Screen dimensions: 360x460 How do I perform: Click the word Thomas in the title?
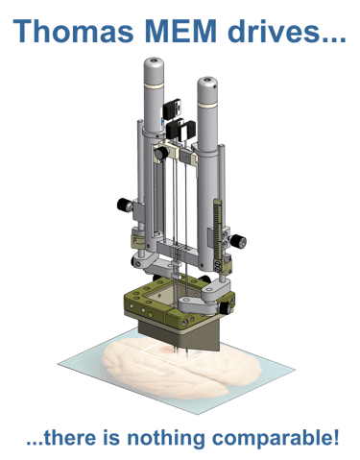[73, 31]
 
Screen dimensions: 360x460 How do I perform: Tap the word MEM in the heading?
[180, 31]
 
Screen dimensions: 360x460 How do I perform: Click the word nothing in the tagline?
[165, 438]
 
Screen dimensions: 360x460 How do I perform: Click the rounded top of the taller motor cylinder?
[154, 64]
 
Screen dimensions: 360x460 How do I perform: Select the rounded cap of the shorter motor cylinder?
[207, 84]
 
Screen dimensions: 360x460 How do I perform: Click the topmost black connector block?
[172, 109]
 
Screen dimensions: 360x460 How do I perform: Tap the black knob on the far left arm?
[123, 205]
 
